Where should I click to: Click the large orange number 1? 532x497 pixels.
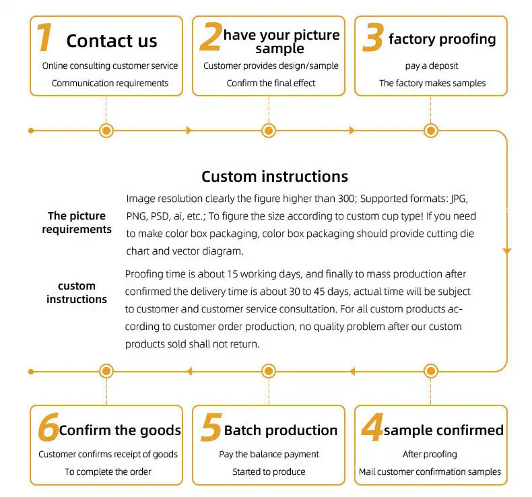point(44,38)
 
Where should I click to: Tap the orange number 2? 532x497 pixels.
point(211,38)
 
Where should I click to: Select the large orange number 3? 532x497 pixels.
point(372,38)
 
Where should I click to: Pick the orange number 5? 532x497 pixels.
point(211,428)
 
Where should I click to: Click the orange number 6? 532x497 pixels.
point(48,428)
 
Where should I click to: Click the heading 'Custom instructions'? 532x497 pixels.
point(275,176)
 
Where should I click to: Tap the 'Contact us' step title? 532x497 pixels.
point(112,40)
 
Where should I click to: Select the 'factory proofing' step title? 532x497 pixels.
point(442,38)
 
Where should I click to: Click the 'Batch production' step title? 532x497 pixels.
point(281,430)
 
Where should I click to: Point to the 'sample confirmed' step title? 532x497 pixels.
point(443,430)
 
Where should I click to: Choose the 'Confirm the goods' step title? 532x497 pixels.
point(120,430)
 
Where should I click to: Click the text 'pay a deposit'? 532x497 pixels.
point(431,66)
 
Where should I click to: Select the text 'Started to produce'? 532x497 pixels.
point(269,471)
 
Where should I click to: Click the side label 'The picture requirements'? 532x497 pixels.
point(77,222)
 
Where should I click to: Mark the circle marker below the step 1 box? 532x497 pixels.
point(106,130)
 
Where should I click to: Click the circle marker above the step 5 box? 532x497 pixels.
point(269,370)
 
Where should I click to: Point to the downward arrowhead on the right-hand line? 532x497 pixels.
point(507,251)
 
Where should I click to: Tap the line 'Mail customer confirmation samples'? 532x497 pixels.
point(430,471)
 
